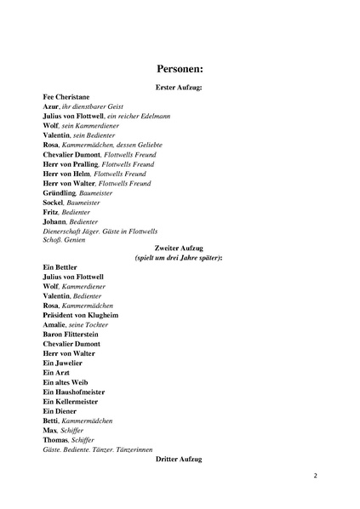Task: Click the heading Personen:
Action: (x=179, y=69)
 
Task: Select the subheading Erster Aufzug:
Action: (x=179, y=88)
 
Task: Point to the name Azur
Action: (x=50, y=106)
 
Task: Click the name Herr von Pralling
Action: (x=70, y=163)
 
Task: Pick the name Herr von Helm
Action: (x=66, y=173)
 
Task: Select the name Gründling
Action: (x=60, y=192)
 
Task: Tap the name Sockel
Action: (x=54, y=202)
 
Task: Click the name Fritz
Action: (x=51, y=211)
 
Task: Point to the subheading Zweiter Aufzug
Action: (x=179, y=249)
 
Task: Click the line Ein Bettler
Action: (x=60, y=267)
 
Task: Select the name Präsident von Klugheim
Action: (x=80, y=315)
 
